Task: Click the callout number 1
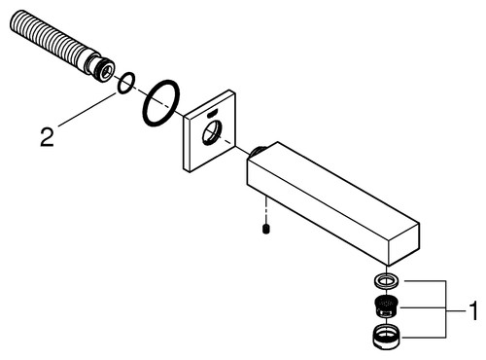point(473,312)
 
